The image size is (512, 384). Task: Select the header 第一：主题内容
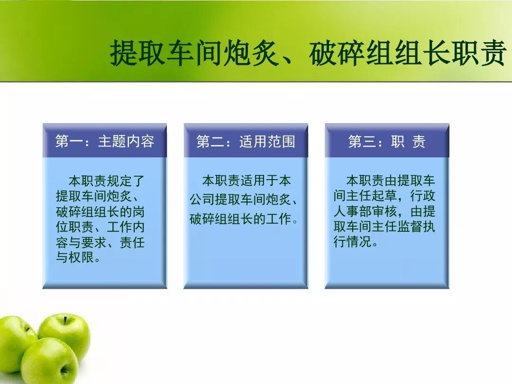pyautogui.click(x=104, y=141)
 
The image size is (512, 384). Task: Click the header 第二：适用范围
pyautogui.click(x=246, y=141)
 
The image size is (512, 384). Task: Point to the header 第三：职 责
pyautogui.click(x=387, y=141)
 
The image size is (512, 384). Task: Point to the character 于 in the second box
pyautogui.click(x=272, y=181)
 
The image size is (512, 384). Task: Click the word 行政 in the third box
pyautogui.click(x=423, y=196)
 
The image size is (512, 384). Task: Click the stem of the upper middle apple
pyautogui.click(x=65, y=320)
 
